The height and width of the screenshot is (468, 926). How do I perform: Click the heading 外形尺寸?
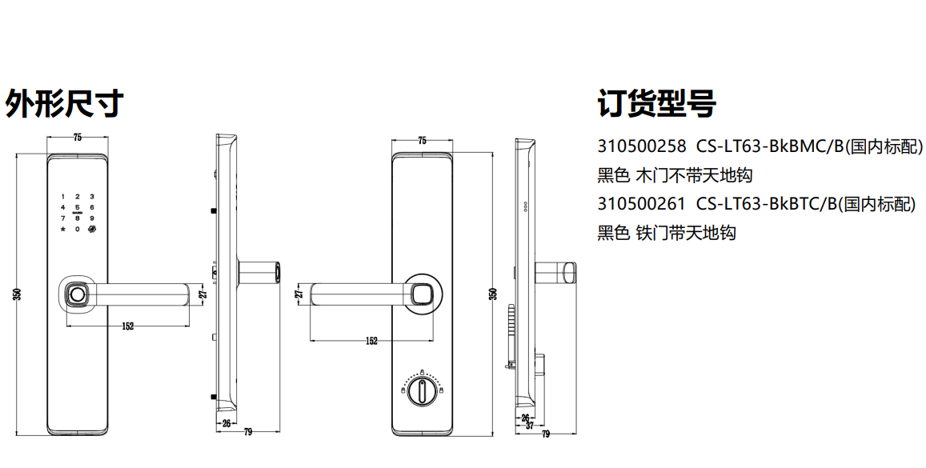point(64,104)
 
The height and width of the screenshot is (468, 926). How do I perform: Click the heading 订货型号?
point(657,104)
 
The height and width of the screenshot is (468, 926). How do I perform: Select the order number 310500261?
point(641,204)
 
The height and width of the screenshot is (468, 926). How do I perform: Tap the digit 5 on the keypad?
point(78,207)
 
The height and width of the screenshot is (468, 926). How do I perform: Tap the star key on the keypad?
point(62,229)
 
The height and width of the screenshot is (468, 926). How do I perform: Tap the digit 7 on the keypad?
point(62,218)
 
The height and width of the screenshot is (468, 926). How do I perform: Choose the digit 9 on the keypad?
point(92,218)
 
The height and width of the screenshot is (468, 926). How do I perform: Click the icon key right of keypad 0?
point(92,229)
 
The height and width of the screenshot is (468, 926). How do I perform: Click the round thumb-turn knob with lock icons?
point(422,390)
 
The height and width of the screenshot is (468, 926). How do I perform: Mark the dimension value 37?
point(529,425)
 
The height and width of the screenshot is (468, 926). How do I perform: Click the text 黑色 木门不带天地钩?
point(675,175)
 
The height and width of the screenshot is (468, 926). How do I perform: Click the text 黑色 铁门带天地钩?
point(667,233)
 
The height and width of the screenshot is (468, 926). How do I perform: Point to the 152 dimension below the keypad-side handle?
point(127,326)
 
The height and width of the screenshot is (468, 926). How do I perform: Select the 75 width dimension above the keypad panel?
point(78,138)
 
